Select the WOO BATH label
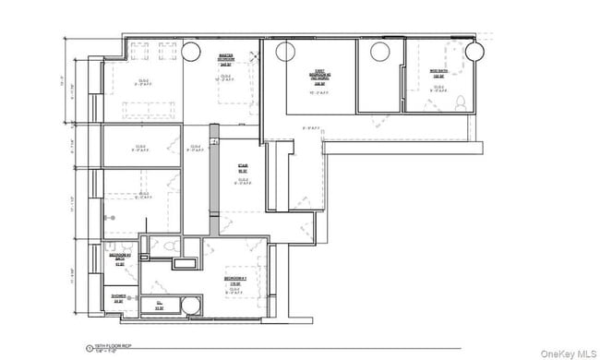439,73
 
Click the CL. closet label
160,304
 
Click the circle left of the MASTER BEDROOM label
192,51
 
